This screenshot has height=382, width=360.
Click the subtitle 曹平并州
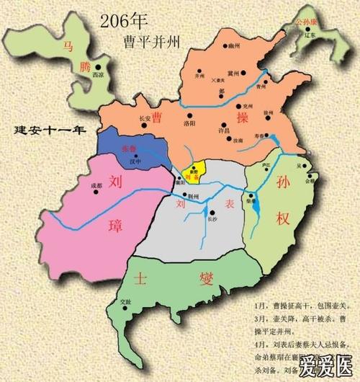click(153, 40)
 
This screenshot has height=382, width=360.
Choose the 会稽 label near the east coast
click(309, 182)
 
